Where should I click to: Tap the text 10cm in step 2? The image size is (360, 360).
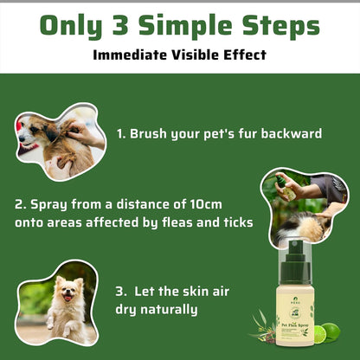click(x=227, y=204)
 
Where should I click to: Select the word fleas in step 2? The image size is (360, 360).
click(x=181, y=222)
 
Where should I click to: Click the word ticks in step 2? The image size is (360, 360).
click(x=235, y=222)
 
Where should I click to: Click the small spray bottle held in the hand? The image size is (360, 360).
click(x=280, y=182)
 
